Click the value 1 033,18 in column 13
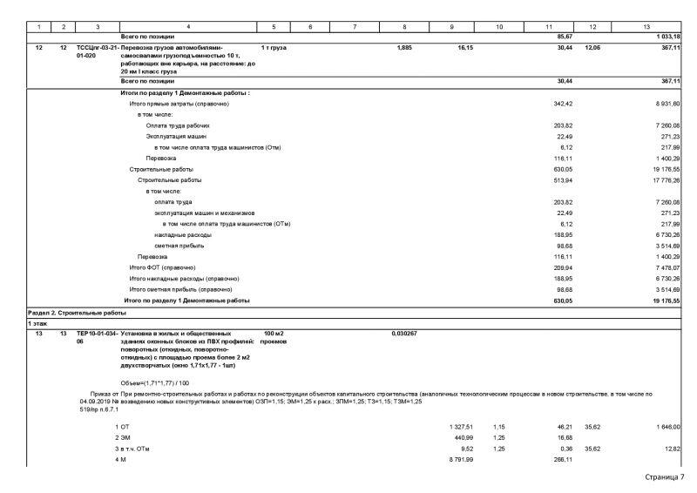(666, 36)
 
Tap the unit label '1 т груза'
(274, 46)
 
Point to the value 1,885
(403, 46)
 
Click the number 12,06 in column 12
(592, 46)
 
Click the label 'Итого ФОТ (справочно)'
(162, 267)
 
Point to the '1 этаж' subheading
(37, 323)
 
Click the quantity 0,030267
(404, 333)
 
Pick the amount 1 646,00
(666, 426)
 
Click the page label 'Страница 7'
(666, 477)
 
